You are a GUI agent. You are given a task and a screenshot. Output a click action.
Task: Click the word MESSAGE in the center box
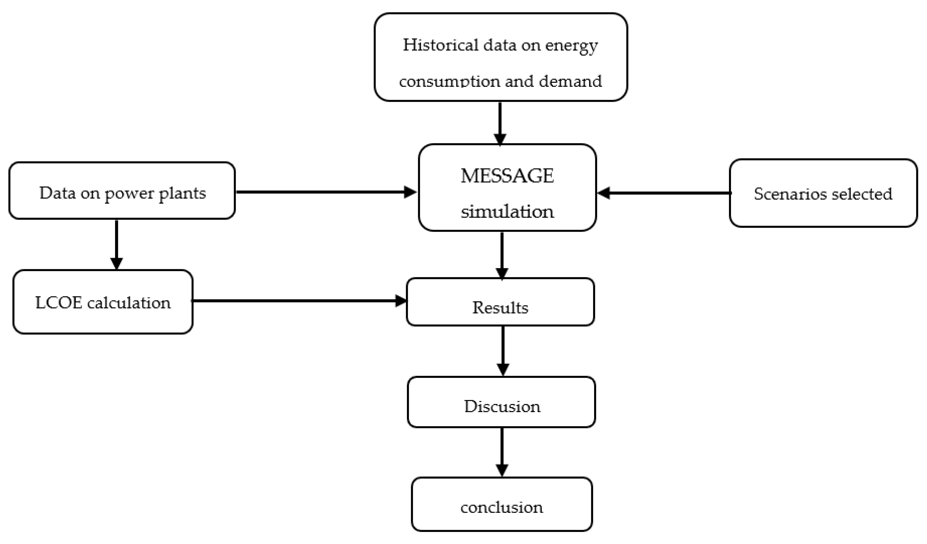pos(507,176)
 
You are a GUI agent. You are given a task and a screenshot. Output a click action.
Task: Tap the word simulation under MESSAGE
pos(507,212)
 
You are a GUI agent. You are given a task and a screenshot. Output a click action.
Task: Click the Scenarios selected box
pos(823,193)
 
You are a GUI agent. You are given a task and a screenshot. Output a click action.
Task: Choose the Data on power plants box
pos(122,191)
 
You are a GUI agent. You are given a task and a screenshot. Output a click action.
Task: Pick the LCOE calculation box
pos(103,302)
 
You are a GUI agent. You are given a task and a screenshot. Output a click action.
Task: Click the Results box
pos(500,302)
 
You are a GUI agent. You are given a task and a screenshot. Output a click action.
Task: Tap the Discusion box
pos(501,402)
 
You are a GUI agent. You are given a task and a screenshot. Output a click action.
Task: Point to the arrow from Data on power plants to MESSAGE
pos(326,192)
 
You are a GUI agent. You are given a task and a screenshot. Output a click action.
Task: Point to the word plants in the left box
pos(182,193)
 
